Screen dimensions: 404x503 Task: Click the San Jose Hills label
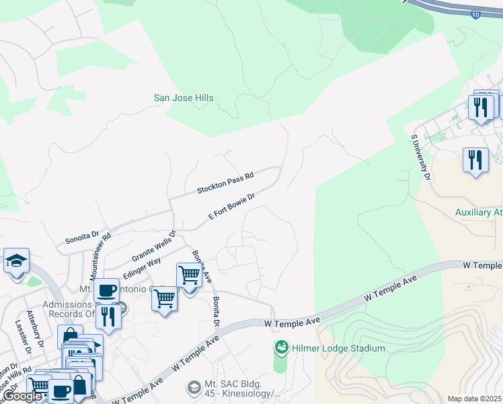point(184,98)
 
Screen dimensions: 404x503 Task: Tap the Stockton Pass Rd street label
point(225,183)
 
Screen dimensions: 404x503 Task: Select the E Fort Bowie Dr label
point(232,207)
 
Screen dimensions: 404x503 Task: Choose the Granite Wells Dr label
point(153,246)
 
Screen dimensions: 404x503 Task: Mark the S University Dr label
point(420,156)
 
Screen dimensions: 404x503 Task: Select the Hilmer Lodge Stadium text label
point(338,348)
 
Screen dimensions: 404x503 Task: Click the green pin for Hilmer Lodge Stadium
point(281,348)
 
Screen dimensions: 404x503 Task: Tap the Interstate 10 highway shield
point(475,15)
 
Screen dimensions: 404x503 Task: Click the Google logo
point(22,397)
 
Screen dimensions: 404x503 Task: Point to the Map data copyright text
point(474,399)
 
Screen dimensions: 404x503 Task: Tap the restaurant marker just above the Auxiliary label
point(475,161)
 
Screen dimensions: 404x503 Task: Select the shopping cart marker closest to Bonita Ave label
point(189,275)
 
